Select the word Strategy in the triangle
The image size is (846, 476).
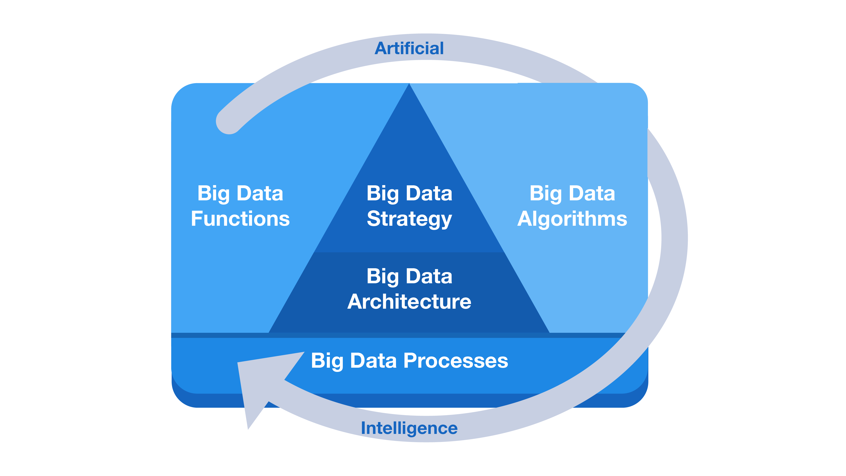[409, 219]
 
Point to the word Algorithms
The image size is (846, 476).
[572, 219]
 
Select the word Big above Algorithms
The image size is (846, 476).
[546, 194]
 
